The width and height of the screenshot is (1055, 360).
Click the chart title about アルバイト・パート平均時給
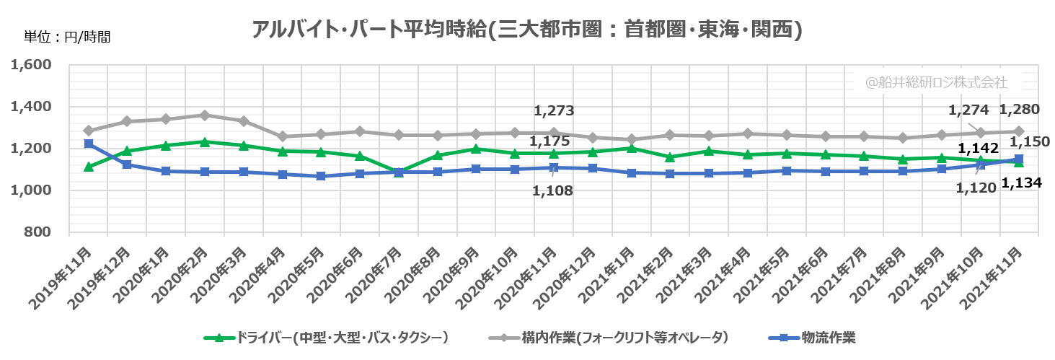click(527, 30)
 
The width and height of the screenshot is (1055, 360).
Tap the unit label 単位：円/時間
click(67, 37)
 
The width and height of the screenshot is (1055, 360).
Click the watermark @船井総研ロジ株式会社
click(935, 82)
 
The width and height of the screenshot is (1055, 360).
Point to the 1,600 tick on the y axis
click(32, 65)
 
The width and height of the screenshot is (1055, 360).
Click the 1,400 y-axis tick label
click(32, 107)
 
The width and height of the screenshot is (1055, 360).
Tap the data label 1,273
click(553, 111)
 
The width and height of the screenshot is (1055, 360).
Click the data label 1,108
click(553, 191)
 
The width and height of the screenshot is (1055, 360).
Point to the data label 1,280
click(1019, 110)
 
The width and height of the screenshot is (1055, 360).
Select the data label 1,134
click(1021, 183)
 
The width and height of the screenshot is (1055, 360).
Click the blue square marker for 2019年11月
click(89, 144)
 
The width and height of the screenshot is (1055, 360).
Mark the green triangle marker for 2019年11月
click(89, 167)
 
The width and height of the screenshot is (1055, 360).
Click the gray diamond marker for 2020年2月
click(205, 115)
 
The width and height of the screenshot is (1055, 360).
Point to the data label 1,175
click(549, 141)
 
